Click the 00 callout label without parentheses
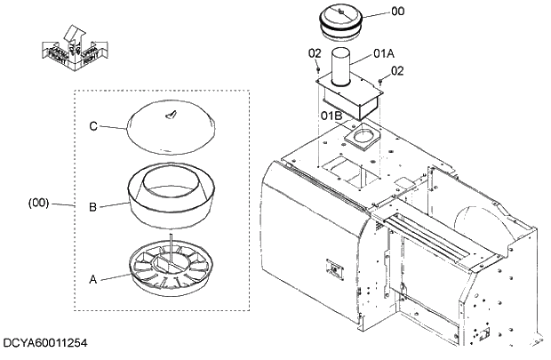(x=397, y=12)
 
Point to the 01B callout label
(x=331, y=116)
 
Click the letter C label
(x=93, y=125)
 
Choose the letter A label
(x=92, y=278)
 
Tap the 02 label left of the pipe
(x=314, y=54)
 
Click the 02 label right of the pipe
(x=397, y=70)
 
